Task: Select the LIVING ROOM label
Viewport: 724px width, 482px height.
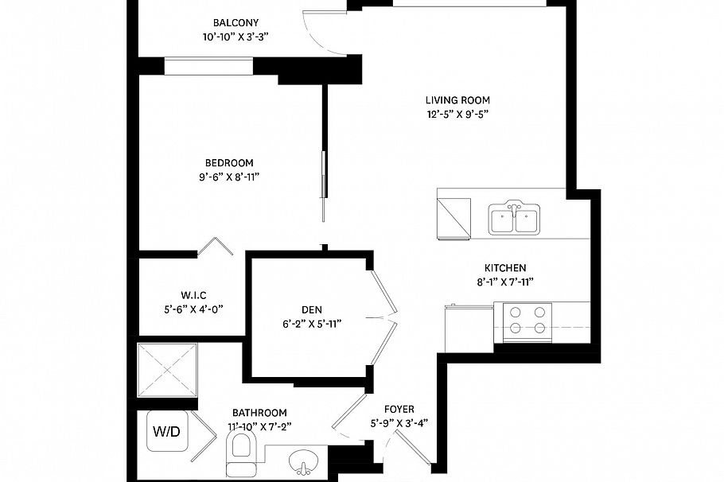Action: click(457, 100)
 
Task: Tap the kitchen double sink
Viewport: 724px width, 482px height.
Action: click(514, 220)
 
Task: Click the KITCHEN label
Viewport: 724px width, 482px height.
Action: click(505, 268)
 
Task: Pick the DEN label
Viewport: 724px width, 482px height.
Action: click(311, 309)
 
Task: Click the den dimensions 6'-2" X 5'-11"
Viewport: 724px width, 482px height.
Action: click(311, 324)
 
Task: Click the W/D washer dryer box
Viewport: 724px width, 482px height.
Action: click(166, 433)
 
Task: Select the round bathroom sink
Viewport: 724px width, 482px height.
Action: click(304, 461)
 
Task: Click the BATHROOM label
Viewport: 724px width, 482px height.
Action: click(259, 413)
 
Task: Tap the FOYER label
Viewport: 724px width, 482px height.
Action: click(400, 409)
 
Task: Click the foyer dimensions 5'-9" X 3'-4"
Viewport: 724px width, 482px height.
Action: click(400, 422)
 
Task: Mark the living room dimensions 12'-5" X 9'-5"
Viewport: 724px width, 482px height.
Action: click(457, 114)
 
